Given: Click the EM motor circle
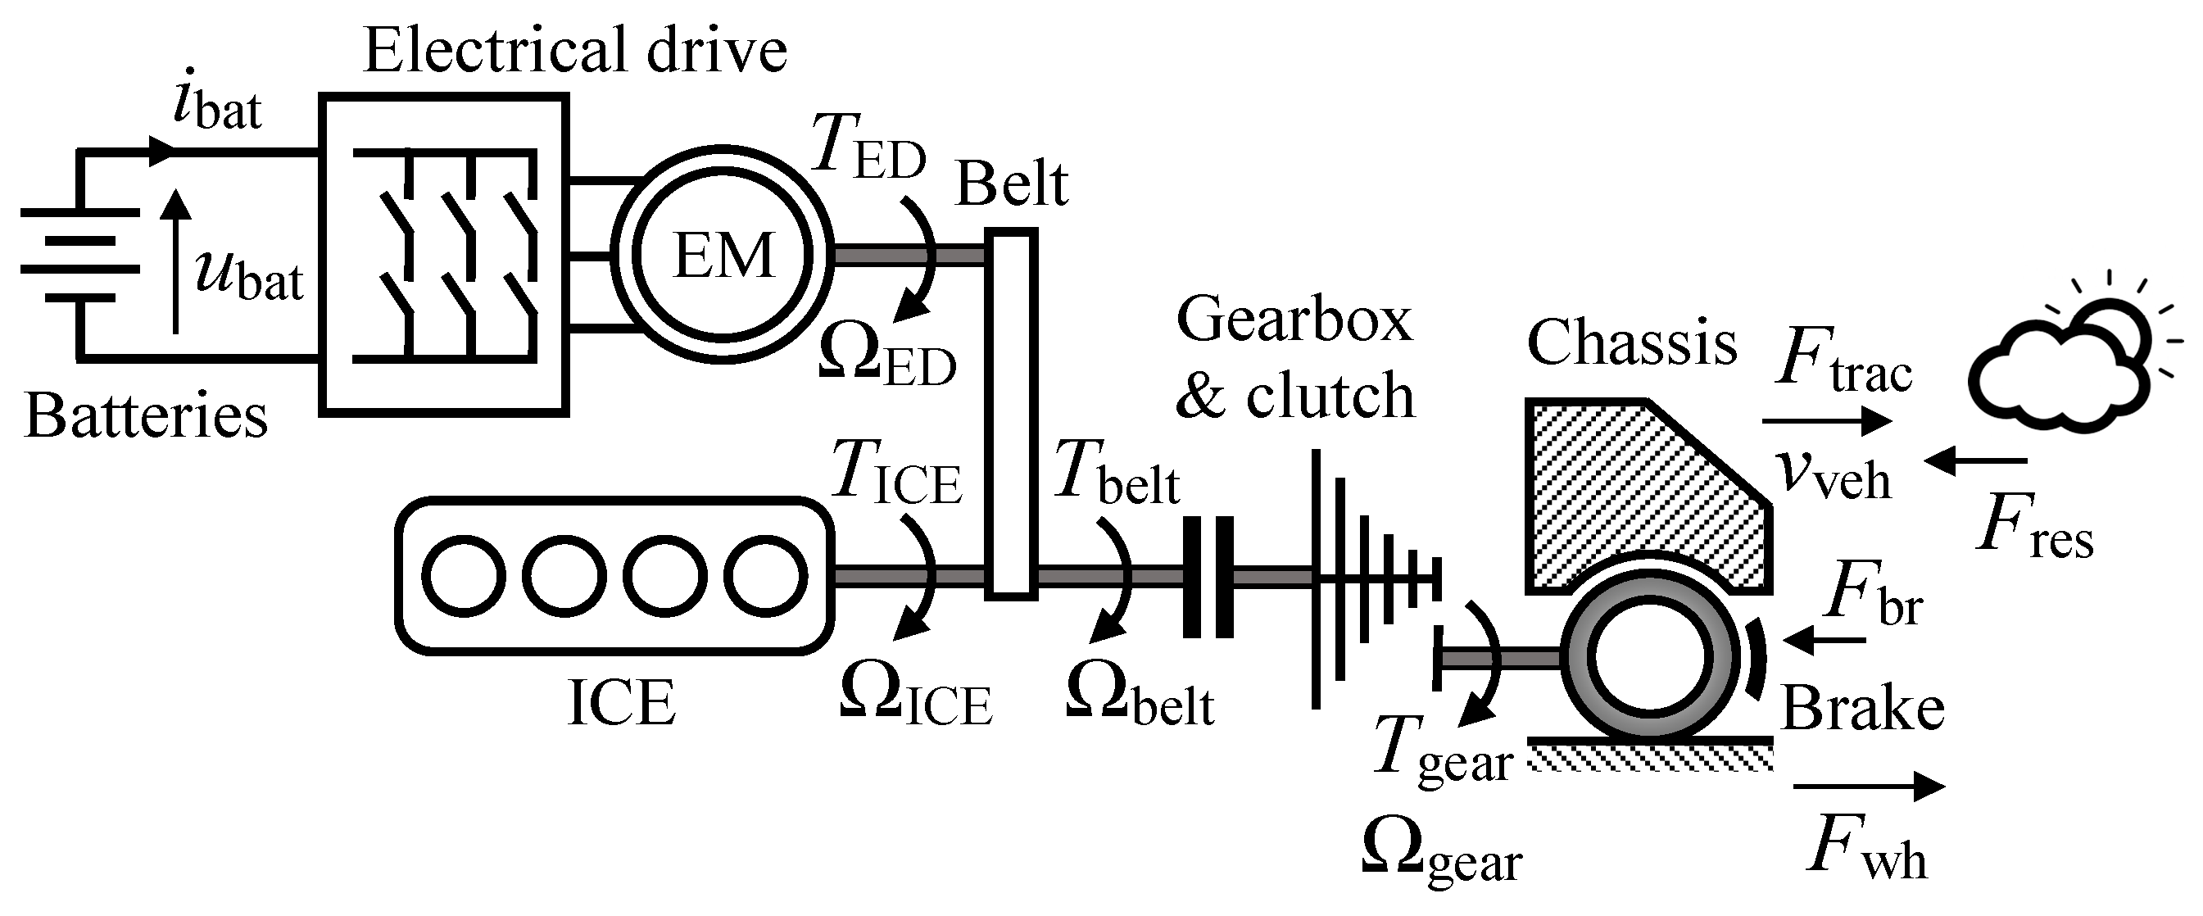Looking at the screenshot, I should (723, 255).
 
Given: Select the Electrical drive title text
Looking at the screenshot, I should (574, 50).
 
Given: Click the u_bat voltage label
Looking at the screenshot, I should (248, 275).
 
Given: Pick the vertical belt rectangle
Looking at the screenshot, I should (1011, 414).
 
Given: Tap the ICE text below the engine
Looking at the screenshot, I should (621, 703).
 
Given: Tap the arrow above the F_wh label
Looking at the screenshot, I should (1869, 785).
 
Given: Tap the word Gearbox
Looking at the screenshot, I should (1294, 320).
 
